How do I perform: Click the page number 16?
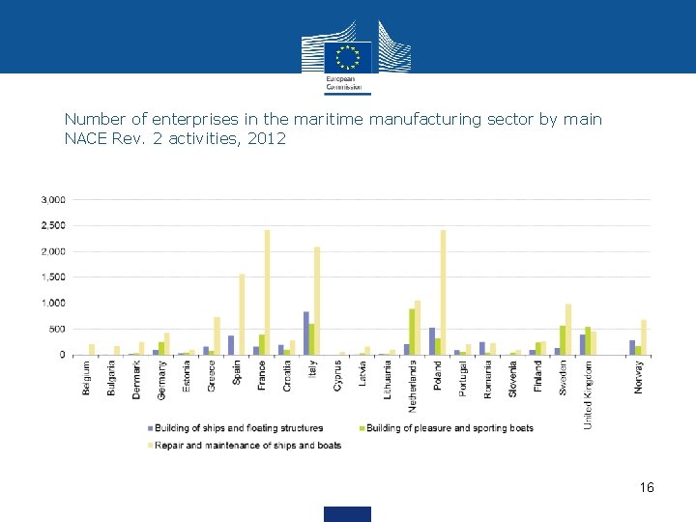[x=647, y=487]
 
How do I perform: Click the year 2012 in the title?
[x=266, y=138]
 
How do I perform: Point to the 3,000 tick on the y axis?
[x=53, y=200]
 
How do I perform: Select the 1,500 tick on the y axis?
[x=53, y=277]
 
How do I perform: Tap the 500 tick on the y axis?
[x=58, y=329]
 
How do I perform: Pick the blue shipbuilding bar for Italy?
[x=306, y=333]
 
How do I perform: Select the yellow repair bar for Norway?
[x=644, y=337]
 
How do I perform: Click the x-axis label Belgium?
[x=87, y=377]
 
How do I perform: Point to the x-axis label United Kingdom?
[x=589, y=394]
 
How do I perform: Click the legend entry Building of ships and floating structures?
[x=237, y=428]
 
